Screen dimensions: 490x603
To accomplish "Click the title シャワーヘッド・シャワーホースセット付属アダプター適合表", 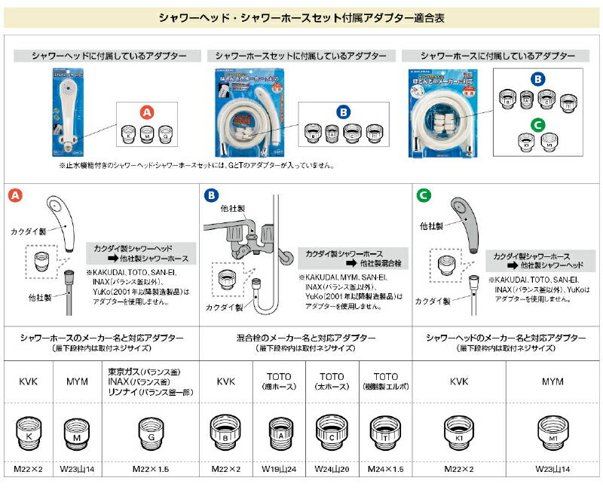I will click(x=301, y=17).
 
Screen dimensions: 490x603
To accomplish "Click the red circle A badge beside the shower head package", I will click(x=147, y=112).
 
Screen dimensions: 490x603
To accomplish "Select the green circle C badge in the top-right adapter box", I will click(x=537, y=125).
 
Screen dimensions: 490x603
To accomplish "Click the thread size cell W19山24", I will click(x=279, y=469).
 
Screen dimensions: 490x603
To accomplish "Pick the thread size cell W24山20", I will click(x=332, y=469).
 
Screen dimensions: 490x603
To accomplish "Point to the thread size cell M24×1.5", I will click(x=384, y=469).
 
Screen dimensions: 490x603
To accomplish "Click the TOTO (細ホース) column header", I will click(x=279, y=381).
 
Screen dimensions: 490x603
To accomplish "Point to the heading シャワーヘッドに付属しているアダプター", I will click(x=108, y=56).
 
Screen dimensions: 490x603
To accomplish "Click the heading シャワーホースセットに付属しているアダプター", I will click(x=301, y=56).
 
